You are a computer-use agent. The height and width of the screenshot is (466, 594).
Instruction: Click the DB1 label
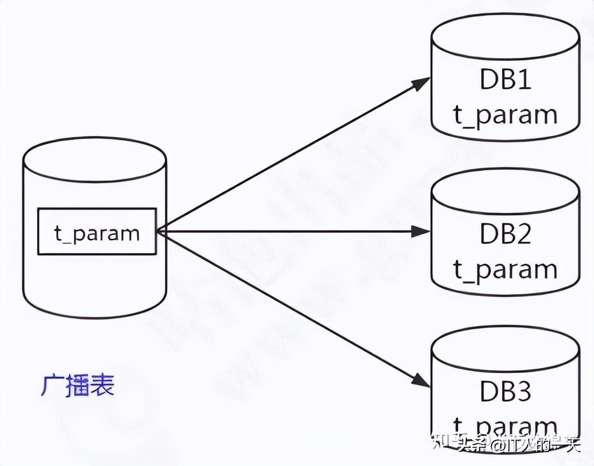click(505, 79)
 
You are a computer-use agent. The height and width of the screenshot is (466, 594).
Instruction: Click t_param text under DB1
click(505, 115)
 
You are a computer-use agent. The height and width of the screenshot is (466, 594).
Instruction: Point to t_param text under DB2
click(505, 270)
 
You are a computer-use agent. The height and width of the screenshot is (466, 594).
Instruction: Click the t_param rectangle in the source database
click(97, 232)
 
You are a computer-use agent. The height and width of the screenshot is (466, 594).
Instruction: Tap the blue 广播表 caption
click(78, 385)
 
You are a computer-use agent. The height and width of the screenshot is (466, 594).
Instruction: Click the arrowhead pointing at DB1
click(421, 83)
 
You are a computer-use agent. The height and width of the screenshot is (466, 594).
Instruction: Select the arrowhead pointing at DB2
click(421, 232)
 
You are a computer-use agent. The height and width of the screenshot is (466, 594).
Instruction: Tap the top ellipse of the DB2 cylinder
click(505, 192)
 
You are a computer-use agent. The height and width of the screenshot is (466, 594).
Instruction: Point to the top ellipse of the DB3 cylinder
click(505, 349)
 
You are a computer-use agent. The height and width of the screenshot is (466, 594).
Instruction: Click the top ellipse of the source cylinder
click(94, 160)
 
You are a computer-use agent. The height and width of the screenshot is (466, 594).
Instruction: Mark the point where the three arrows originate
click(158, 231)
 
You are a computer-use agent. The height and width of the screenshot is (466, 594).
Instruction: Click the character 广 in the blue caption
click(52, 385)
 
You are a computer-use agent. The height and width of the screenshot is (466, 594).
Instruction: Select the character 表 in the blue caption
click(103, 385)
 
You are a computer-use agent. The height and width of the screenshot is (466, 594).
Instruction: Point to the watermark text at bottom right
click(507, 444)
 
